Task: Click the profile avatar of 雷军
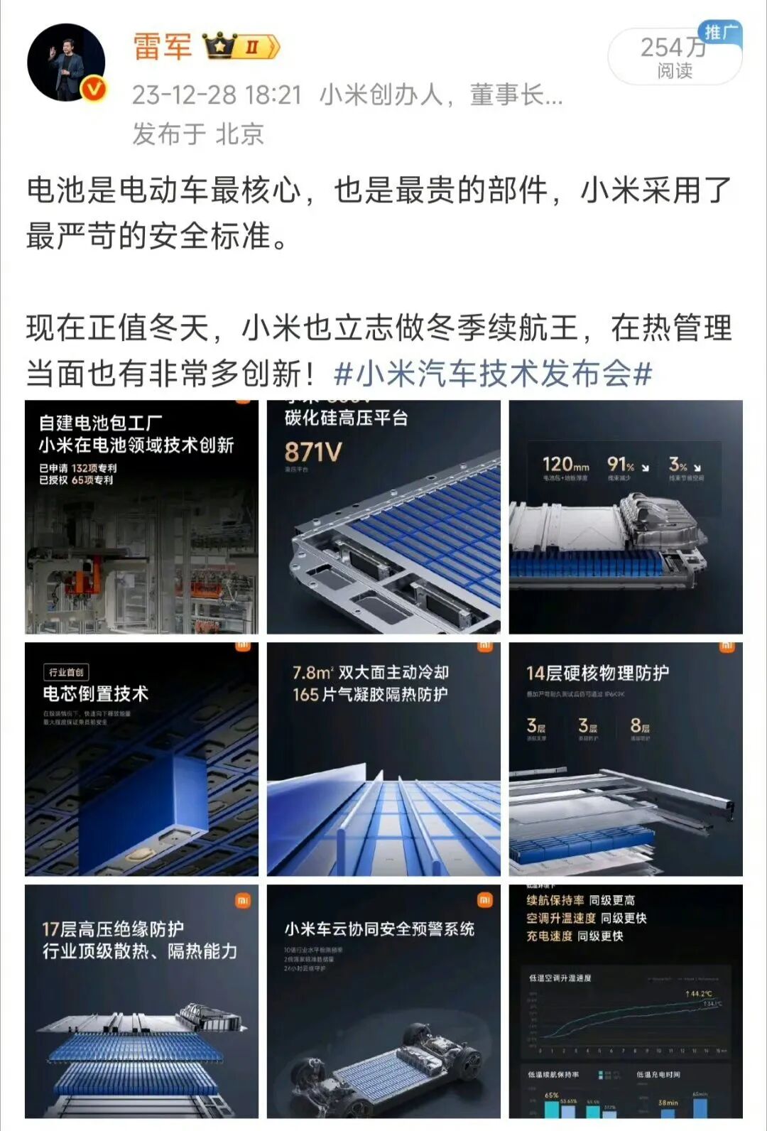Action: (x=66, y=63)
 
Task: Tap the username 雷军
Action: (x=163, y=46)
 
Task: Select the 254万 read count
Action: (x=673, y=48)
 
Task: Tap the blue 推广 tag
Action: (x=721, y=31)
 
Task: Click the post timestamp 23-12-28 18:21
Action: (x=217, y=94)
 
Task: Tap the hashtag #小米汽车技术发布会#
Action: (x=493, y=373)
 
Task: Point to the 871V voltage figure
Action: (x=312, y=452)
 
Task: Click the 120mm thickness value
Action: (x=565, y=465)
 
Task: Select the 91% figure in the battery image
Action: (x=622, y=465)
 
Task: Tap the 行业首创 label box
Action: (x=66, y=672)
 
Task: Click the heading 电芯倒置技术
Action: (x=96, y=694)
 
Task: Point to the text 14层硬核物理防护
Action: (x=597, y=673)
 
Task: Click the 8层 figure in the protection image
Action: (x=639, y=725)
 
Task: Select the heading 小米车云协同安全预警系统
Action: (x=379, y=929)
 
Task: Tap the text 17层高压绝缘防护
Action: (x=113, y=929)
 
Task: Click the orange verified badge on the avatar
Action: (x=95, y=89)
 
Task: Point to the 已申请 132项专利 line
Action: (x=77, y=468)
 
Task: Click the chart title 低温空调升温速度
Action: (x=560, y=978)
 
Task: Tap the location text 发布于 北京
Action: (x=198, y=134)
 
